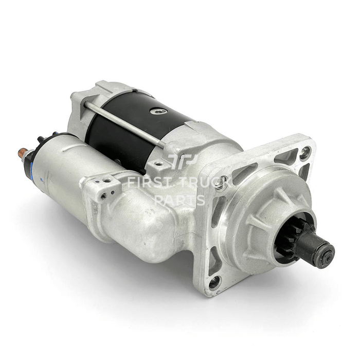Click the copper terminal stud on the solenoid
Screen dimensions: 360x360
[23, 152]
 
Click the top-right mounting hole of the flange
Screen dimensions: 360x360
[305, 151]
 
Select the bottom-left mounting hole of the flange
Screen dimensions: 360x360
[214, 282]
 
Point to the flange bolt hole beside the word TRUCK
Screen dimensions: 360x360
[222, 181]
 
